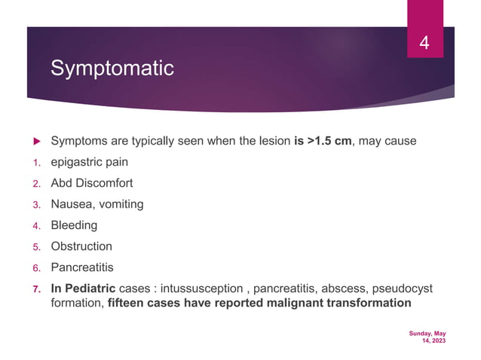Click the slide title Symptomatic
click(112, 69)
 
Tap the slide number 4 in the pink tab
click(424, 44)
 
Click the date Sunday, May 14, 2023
click(427, 337)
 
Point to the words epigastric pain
click(89, 161)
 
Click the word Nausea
click(71, 204)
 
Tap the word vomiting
click(119, 204)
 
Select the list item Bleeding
click(73, 225)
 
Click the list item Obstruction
click(81, 246)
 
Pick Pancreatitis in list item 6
click(83, 267)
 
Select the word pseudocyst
click(408, 289)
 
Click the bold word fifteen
click(129, 304)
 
